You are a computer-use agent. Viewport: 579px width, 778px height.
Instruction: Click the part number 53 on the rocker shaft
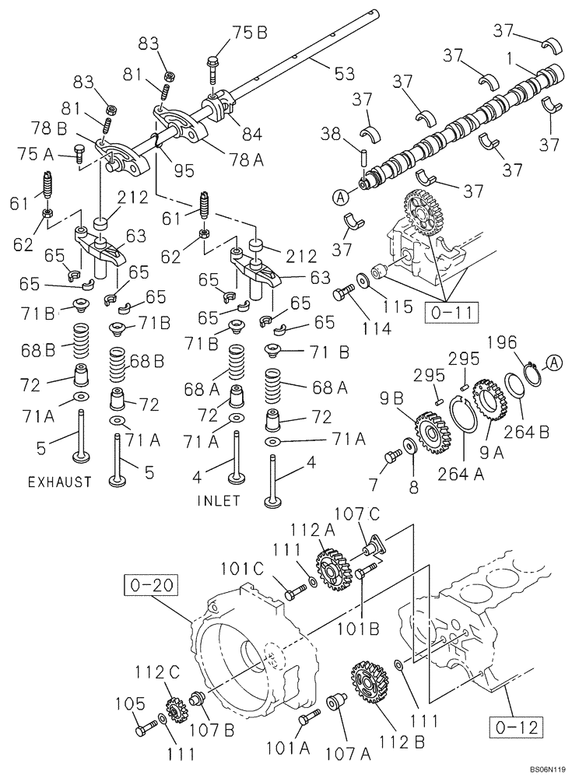click(344, 74)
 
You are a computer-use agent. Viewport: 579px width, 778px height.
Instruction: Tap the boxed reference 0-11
click(452, 314)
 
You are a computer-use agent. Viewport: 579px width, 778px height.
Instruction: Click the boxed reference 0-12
click(514, 729)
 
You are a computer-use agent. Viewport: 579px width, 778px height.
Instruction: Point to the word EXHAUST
click(59, 482)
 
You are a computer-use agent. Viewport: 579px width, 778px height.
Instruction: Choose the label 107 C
click(356, 514)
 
